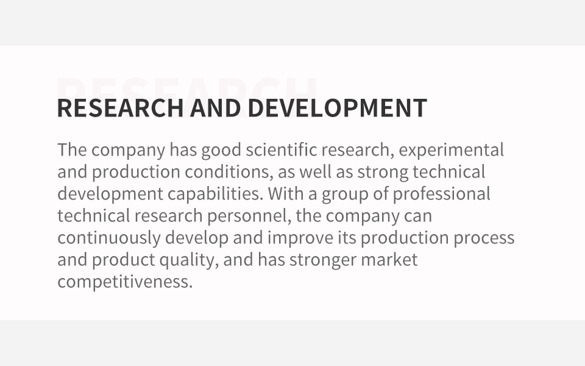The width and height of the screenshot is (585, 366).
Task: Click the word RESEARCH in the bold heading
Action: pyautogui.click(x=120, y=107)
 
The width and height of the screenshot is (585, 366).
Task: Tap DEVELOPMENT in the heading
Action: pyautogui.click(x=337, y=107)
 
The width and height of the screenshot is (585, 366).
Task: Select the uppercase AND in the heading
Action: pyautogui.click(x=215, y=107)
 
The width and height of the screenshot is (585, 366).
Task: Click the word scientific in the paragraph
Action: pyautogui.click(x=282, y=150)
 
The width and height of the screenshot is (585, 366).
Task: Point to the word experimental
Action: pyautogui.click(x=451, y=151)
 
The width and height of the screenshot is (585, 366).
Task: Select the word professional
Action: pyautogui.click(x=441, y=194)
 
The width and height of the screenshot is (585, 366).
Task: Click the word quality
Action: pyautogui.click(x=189, y=260)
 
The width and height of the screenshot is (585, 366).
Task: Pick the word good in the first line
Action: pyautogui.click(x=221, y=151)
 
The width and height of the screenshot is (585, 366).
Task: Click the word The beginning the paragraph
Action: pyautogui.click(x=72, y=150)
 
